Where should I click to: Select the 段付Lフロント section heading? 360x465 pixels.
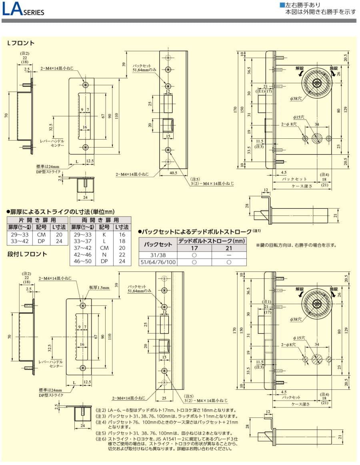(x=27, y=254)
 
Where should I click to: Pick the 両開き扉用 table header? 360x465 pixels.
(x=100, y=220)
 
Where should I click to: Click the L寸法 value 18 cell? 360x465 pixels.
(x=122, y=241)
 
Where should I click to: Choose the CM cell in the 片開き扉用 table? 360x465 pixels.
(x=41, y=235)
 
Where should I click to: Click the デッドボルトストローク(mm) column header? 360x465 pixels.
(x=212, y=241)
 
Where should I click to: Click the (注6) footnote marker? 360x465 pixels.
(x=100, y=439)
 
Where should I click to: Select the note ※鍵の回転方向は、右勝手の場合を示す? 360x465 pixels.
(x=296, y=245)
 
